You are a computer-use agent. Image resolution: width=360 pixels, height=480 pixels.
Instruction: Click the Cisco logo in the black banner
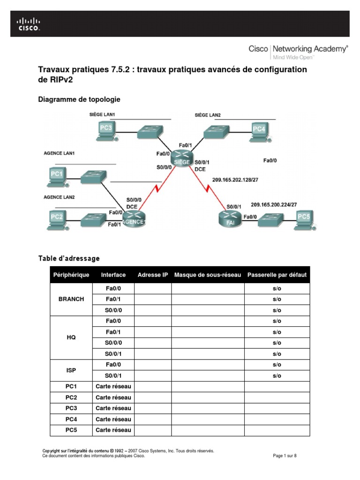point(29,24)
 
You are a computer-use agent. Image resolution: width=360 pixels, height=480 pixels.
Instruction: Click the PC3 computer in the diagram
point(106,130)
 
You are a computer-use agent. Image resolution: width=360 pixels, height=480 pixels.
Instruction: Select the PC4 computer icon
point(258,131)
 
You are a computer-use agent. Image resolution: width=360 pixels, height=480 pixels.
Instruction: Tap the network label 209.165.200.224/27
point(274,204)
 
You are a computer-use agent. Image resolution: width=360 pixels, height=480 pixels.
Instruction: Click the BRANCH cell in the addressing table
point(71,299)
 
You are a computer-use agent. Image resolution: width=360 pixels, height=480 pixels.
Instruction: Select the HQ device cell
point(71,337)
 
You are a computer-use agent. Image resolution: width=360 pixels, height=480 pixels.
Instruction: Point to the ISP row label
point(71,370)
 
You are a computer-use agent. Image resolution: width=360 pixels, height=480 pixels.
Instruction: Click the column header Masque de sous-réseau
point(208,275)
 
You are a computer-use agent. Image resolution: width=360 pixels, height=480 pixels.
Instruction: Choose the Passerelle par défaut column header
point(277,275)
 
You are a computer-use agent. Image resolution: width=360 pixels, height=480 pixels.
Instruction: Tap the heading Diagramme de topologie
point(79,99)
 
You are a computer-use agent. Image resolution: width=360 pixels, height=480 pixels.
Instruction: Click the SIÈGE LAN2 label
point(208,115)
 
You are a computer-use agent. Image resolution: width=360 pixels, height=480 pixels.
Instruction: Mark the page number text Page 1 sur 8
point(285,456)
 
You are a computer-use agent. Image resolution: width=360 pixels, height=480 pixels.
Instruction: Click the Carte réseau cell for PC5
point(113,430)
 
